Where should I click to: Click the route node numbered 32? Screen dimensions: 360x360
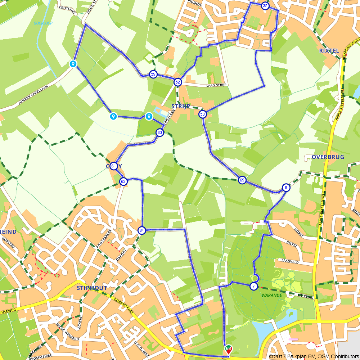tap(265, 6)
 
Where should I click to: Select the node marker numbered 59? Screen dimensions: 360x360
tap(153, 74)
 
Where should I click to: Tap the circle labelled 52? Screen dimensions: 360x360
tap(177, 82)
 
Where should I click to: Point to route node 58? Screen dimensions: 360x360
tap(202, 114)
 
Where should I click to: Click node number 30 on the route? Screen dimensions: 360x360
tap(160, 132)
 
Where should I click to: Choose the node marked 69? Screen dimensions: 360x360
tap(242, 180)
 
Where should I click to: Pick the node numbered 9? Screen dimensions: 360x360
tap(286, 187)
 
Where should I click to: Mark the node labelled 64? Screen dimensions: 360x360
tap(141, 230)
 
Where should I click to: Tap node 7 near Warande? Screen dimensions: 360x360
tap(254, 287)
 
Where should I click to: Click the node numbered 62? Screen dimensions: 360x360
tap(123, 181)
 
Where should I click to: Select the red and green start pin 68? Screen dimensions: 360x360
tap(228, 348)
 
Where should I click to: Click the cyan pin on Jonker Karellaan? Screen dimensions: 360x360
tap(73, 64)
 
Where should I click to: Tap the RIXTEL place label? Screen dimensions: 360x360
tap(329, 51)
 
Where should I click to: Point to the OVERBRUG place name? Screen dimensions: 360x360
tap(328, 157)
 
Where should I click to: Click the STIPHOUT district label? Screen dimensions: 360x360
tap(92, 288)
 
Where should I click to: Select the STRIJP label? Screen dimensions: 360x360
tap(180, 106)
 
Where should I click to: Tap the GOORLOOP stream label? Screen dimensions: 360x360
tap(43, 23)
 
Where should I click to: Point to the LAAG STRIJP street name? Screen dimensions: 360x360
tap(216, 85)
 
